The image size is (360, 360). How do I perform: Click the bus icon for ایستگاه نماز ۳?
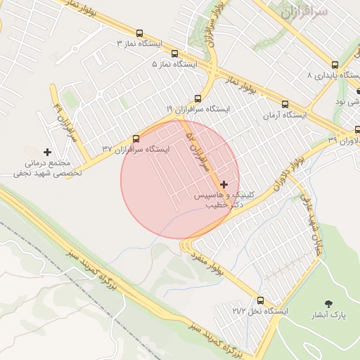tap(139, 34)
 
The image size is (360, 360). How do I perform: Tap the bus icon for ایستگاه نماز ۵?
tap(174, 53)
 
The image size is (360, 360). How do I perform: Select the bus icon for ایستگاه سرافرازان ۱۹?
tap(198, 98)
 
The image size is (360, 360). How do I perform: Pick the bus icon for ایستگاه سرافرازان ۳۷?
tap(136, 139)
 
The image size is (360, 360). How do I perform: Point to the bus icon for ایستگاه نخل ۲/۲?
tap(261, 300)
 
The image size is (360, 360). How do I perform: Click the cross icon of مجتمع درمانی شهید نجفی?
tap(47, 152)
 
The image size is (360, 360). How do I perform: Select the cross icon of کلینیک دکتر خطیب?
tap(224, 184)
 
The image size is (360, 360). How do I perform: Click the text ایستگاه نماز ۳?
tap(139, 44)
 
